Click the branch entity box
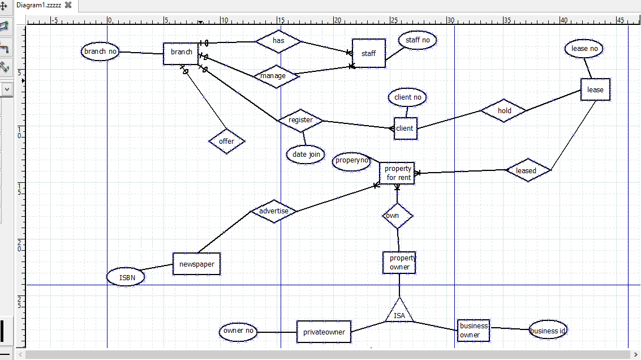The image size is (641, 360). click(180, 54)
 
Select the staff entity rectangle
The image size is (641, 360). click(369, 53)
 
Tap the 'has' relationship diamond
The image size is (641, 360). click(278, 41)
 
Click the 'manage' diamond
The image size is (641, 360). click(276, 76)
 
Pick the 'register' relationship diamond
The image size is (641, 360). click(300, 120)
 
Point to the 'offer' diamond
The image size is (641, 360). click(226, 141)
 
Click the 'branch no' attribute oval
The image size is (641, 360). click(100, 52)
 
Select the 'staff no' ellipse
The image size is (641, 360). click(418, 40)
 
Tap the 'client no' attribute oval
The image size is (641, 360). click(407, 97)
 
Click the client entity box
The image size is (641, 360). click(406, 128)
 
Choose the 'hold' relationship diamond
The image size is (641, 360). click(504, 110)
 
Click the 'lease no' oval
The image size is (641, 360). click(584, 49)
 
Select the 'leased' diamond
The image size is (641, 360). click(528, 170)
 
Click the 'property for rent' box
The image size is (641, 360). click(397, 173)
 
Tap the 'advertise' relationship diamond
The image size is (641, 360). click(273, 211)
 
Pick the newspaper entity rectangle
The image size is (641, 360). click(197, 264)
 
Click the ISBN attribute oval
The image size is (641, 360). click(126, 277)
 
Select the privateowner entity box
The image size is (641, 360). click(324, 332)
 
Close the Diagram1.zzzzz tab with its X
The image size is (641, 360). click(68, 5)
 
